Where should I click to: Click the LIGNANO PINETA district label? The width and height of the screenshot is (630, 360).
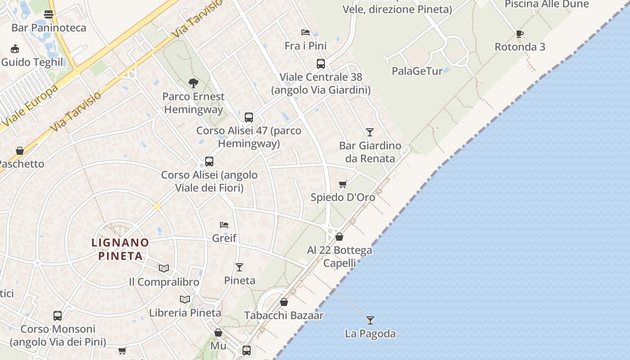(x=120, y=249)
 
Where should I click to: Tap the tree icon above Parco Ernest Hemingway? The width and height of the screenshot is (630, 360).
(x=193, y=83)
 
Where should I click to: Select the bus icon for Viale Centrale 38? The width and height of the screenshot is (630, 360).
(x=320, y=64)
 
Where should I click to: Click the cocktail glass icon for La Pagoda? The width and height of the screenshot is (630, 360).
(x=370, y=320)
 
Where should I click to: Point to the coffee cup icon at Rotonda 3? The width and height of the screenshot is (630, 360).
(x=519, y=34)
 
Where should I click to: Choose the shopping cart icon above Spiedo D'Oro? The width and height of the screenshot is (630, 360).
(x=343, y=184)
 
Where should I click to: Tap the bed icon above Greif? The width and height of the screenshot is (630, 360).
(x=224, y=225)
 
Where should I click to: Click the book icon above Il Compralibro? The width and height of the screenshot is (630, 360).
(x=164, y=268)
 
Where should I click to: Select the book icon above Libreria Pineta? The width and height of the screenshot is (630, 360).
(x=185, y=299)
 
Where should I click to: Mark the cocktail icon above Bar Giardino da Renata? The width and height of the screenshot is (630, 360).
(x=370, y=132)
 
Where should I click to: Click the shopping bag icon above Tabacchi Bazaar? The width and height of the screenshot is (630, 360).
(x=284, y=302)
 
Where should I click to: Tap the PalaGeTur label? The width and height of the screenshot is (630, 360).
(x=417, y=71)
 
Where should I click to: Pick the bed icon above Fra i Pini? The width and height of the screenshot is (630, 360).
(x=306, y=32)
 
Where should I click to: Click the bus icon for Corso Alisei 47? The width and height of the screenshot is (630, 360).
(x=249, y=117)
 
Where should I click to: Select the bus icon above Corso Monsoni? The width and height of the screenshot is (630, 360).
(x=58, y=316)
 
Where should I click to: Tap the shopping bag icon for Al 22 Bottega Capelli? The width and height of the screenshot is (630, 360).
(x=340, y=237)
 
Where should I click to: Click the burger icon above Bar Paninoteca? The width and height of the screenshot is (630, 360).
(x=49, y=14)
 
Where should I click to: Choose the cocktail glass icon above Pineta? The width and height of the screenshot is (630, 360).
(x=239, y=267)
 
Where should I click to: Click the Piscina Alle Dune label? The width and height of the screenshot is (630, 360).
(x=546, y=4)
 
